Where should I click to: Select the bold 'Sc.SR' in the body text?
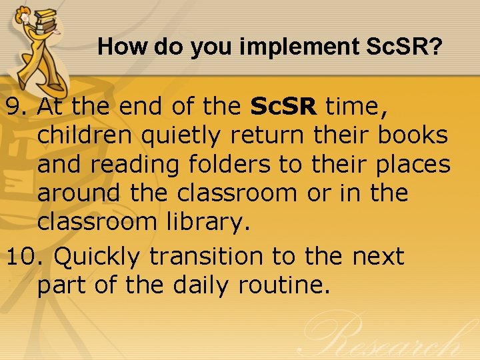coord(285,105)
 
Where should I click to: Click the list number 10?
coord(25,256)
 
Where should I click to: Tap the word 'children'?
coord(84,135)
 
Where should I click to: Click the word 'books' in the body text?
coord(413,135)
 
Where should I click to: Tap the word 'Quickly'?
coord(97,256)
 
